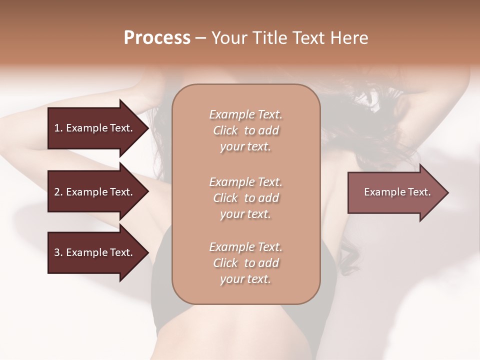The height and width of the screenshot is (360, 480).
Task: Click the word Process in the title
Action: [x=157, y=38]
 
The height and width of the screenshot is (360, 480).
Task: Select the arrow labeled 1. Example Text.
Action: [x=95, y=128]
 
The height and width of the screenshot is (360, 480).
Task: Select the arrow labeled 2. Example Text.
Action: [x=95, y=192]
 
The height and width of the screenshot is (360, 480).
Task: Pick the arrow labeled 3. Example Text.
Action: [x=95, y=252]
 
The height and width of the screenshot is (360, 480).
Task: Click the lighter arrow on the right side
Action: [x=395, y=192]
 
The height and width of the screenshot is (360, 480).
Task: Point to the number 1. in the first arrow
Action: [x=58, y=128]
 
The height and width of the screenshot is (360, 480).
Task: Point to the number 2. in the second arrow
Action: [x=58, y=192]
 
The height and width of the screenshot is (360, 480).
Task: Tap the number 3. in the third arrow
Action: [x=58, y=252]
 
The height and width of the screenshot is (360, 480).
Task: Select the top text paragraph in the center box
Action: [x=245, y=130]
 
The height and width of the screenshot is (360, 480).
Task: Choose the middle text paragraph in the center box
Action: [x=245, y=198]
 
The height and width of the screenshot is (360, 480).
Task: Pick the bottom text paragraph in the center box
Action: [x=245, y=263]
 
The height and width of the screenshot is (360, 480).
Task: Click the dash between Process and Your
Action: [x=200, y=38]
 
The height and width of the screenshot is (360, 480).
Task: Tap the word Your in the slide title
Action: [x=228, y=38]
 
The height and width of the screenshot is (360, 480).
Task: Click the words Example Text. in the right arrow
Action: [x=397, y=192]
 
